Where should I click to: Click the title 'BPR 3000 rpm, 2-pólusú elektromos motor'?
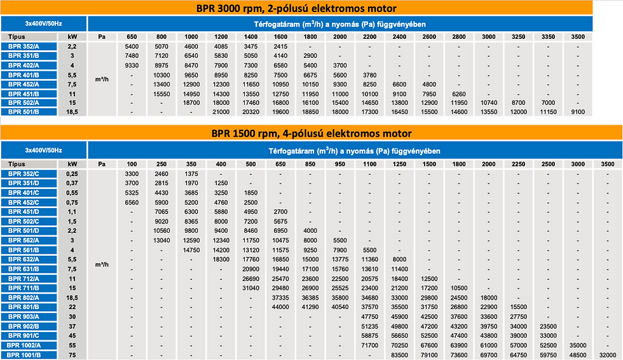coord(296,8)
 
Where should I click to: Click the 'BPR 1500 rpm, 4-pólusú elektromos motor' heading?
coord(311,134)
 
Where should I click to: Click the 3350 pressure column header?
coord(548,36)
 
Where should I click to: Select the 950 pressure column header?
coord(340,163)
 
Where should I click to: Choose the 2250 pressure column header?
coord(519,163)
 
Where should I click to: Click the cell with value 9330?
coord(132,65)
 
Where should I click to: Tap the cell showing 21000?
coord(221,112)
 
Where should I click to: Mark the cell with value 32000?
coord(608,355)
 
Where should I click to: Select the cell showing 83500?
coord(399,355)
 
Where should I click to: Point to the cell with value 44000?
coord(280,307)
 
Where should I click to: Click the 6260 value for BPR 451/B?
coord(459,94)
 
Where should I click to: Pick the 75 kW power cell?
coord(72,355)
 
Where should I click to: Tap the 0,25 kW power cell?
coord(72,174)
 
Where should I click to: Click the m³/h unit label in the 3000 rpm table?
coord(102,79)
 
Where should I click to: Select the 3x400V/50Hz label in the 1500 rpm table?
coord(44,150)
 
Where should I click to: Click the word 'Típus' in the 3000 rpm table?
coord(17,36)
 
